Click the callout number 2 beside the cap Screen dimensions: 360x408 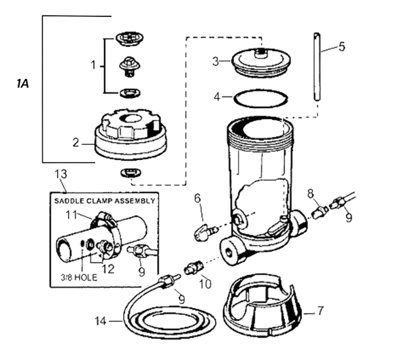76,143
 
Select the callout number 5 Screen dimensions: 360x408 341,46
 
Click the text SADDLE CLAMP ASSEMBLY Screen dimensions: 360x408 105,202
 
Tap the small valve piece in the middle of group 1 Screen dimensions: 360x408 128,66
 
